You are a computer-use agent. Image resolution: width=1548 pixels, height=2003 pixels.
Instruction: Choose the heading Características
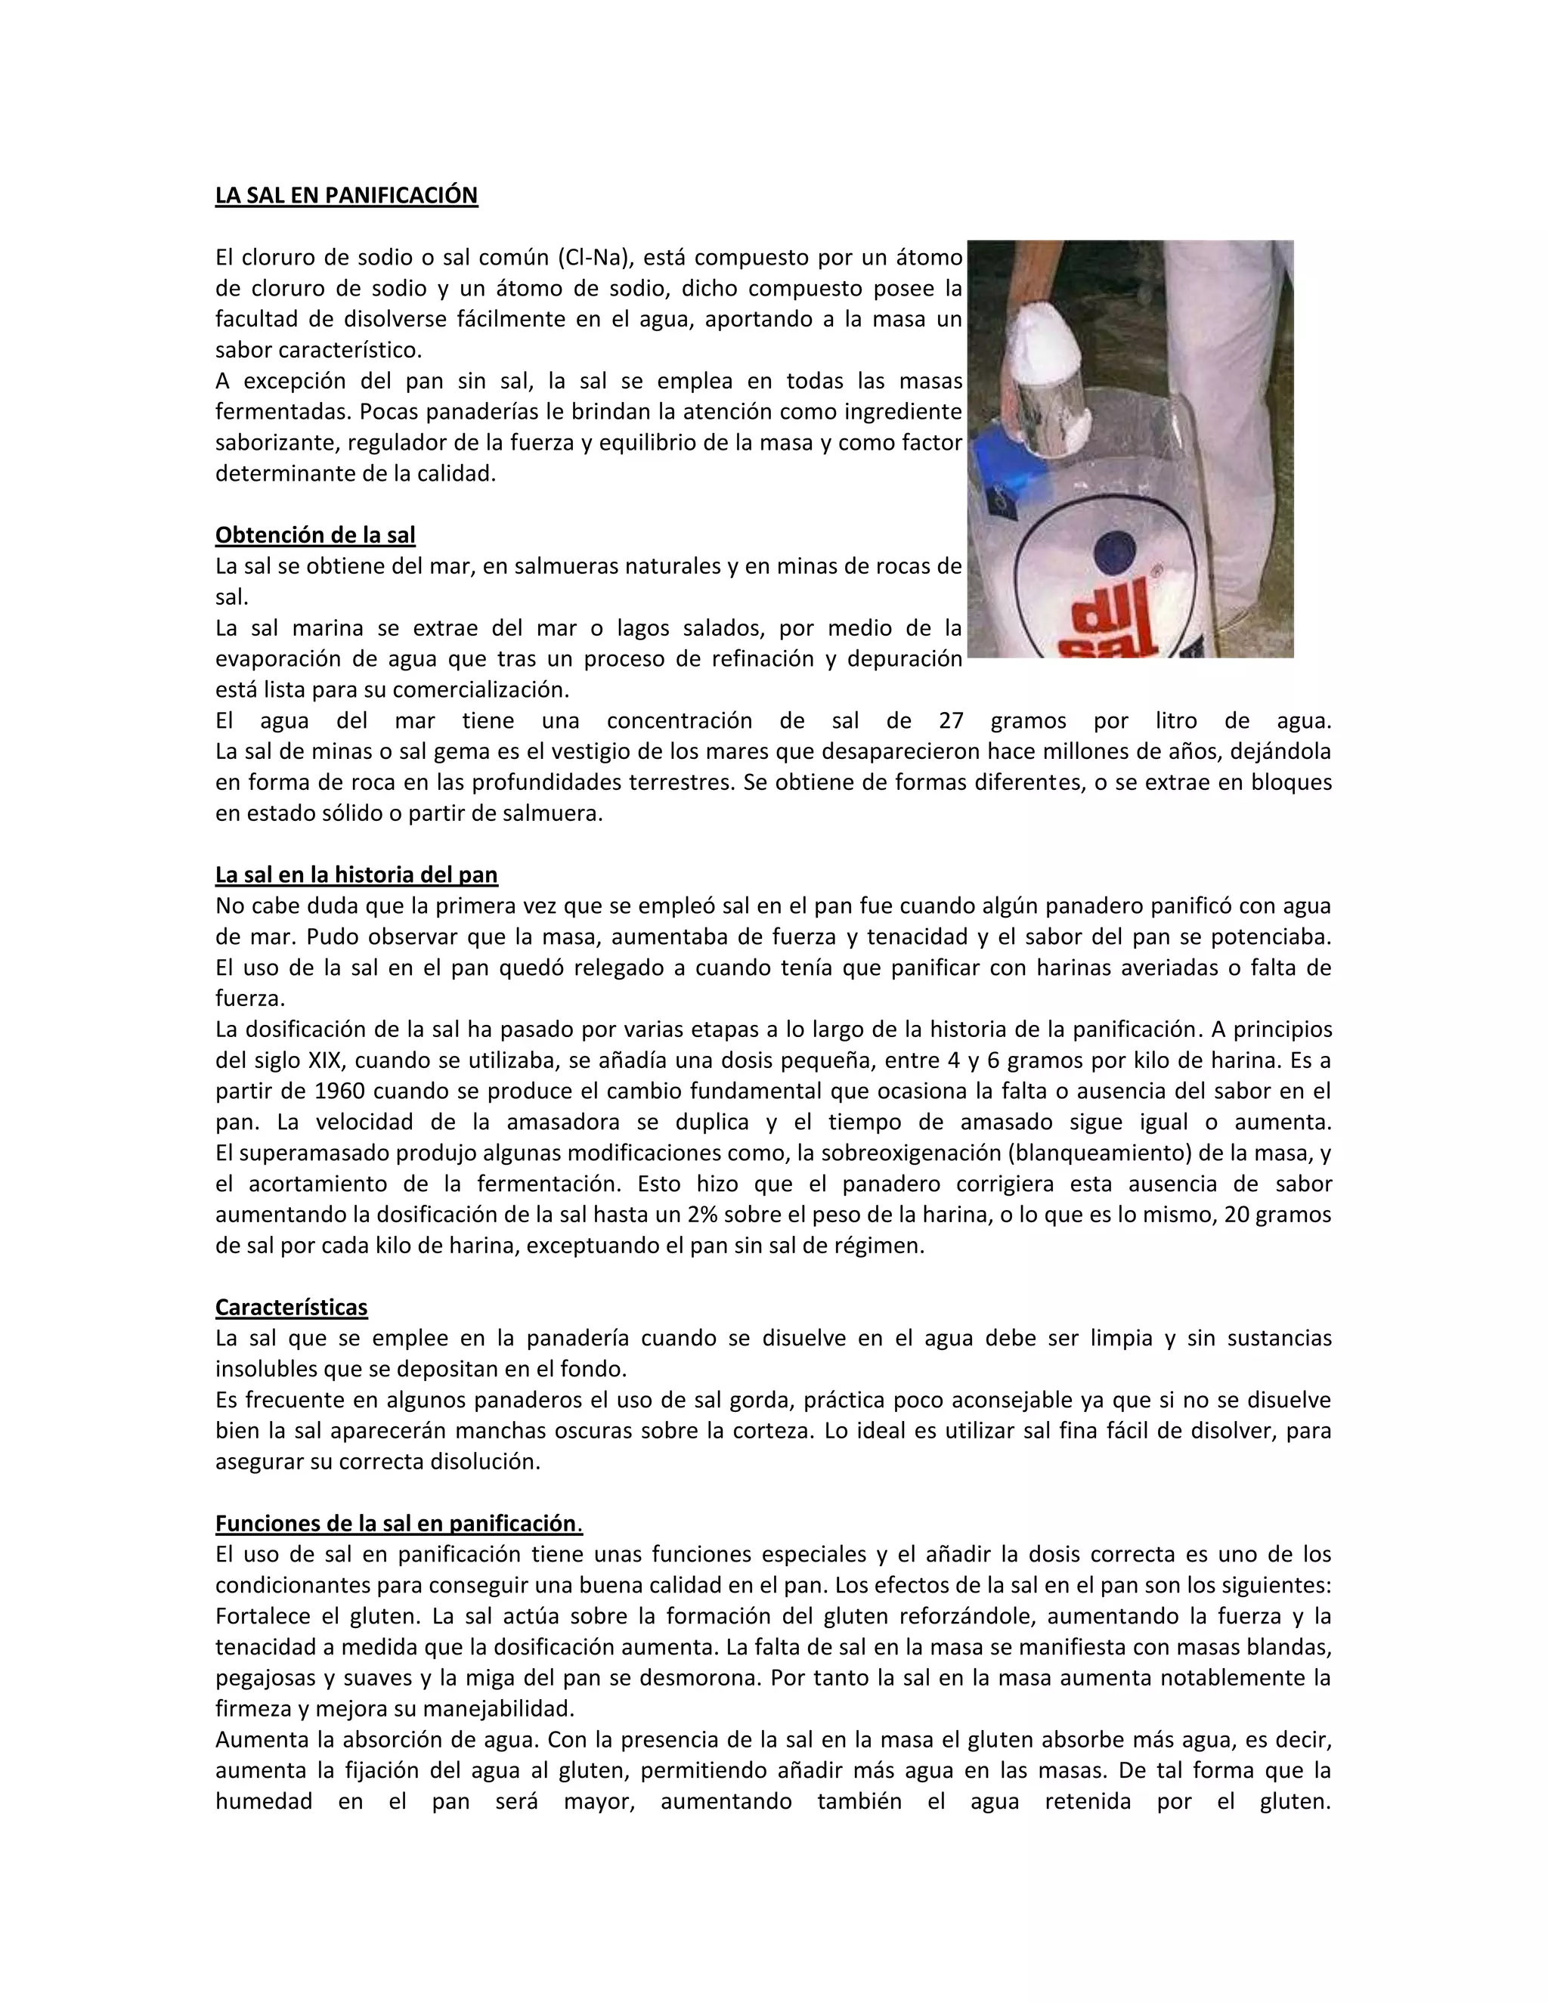click(291, 1307)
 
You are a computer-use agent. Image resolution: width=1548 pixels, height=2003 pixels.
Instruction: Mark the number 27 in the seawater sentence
click(951, 721)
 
